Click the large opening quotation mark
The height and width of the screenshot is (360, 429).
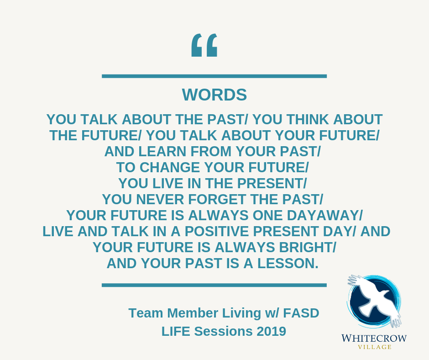(x=204, y=45)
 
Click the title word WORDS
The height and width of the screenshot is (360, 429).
(x=214, y=95)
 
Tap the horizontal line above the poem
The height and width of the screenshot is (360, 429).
(x=214, y=76)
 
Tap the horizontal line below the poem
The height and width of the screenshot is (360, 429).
(x=214, y=285)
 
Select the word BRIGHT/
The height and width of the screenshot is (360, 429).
(x=308, y=248)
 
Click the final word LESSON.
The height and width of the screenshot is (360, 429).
(x=288, y=263)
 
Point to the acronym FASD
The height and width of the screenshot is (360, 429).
(x=301, y=313)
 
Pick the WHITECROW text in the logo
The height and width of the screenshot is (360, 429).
(x=374, y=338)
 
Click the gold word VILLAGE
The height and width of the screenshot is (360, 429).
(x=375, y=347)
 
